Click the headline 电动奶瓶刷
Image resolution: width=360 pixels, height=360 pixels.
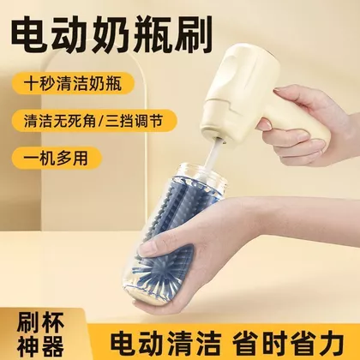[x=111, y=36]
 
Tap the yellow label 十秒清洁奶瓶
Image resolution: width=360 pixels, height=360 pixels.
[x=73, y=83]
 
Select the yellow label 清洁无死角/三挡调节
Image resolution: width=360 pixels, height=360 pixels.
[x=94, y=120]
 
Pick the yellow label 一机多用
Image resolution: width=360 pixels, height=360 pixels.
[x=57, y=158]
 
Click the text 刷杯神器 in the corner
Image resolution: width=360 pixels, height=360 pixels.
[x=40, y=333]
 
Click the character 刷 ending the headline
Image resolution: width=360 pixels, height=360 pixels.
[x=193, y=36]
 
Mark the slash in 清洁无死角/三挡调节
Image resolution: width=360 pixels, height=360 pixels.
[x=101, y=121]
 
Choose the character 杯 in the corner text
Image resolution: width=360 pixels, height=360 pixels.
[x=53, y=322]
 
